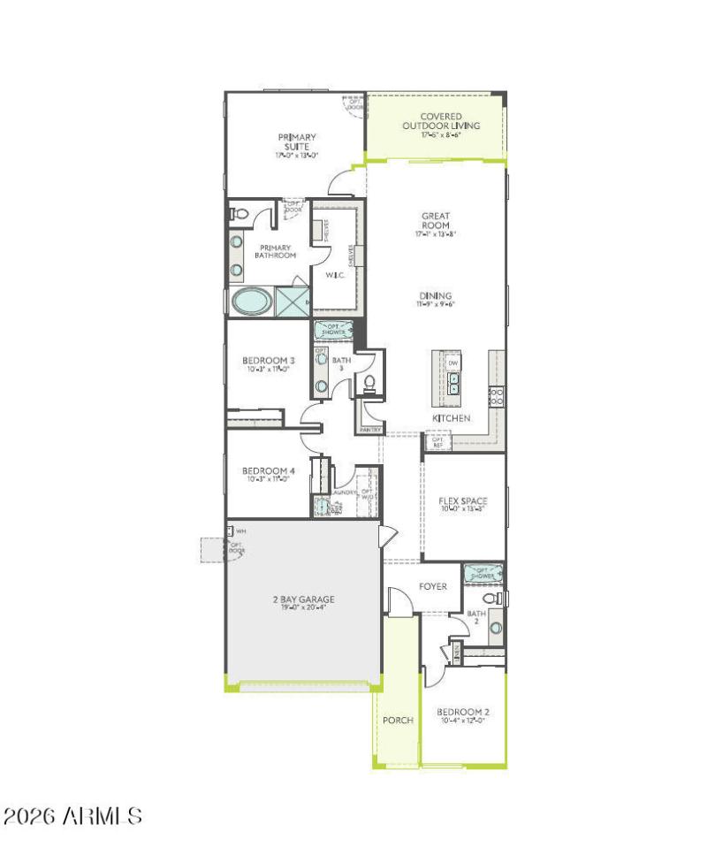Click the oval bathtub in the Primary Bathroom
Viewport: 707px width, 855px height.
(252, 302)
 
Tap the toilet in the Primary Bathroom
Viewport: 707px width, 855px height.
(239, 213)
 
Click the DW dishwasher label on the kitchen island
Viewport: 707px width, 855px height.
(453, 363)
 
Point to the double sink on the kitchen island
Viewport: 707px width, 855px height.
(453, 383)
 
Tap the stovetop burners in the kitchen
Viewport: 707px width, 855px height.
(496, 395)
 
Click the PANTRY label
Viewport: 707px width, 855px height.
(369, 430)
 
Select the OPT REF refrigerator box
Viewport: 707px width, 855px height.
(437, 441)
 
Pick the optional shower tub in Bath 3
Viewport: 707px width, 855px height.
(334, 331)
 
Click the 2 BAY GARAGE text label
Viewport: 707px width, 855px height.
(303, 599)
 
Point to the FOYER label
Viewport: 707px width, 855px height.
(432, 586)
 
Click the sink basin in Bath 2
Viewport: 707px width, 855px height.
(496, 627)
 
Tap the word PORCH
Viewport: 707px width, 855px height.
(398, 720)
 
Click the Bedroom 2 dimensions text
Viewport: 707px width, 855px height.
(463, 721)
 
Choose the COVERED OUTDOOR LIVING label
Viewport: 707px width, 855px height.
(441, 121)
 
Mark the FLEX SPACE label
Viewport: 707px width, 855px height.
(463, 501)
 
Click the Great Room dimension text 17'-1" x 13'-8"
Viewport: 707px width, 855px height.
(436, 235)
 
